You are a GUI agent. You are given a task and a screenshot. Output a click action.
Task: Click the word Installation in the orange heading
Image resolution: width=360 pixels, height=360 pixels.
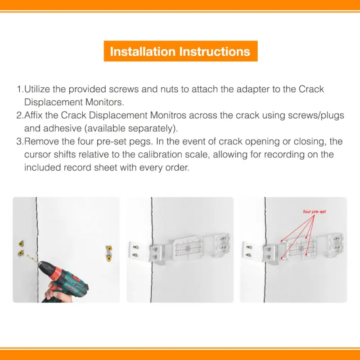click(x=143, y=51)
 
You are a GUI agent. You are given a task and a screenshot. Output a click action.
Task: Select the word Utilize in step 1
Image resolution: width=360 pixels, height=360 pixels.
click(x=37, y=89)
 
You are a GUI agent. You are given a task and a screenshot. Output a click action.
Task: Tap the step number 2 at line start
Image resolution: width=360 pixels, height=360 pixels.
click(x=19, y=115)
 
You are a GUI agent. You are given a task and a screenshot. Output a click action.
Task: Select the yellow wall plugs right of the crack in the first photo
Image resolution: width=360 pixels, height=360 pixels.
click(x=108, y=253)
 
